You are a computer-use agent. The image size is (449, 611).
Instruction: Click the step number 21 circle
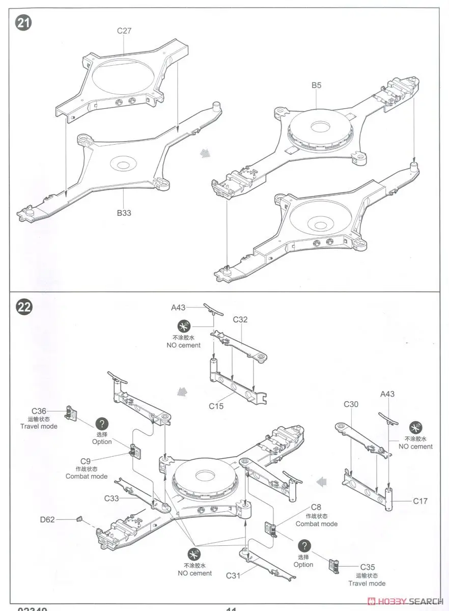point(22,23)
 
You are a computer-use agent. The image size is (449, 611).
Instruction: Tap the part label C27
point(124,31)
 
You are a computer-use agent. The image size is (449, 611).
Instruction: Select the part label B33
point(124,213)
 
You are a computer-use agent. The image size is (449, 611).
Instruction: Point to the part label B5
point(316,86)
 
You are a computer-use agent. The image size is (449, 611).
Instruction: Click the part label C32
point(240,320)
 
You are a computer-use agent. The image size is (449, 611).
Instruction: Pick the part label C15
point(216,406)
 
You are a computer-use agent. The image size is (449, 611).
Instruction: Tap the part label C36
point(39,411)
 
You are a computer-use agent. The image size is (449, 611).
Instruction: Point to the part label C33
point(113,498)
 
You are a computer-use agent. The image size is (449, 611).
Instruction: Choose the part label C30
point(351,404)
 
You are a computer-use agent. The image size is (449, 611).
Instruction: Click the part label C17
point(420,501)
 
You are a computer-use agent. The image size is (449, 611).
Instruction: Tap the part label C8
point(316,508)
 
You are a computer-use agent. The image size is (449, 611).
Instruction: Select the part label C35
point(368,567)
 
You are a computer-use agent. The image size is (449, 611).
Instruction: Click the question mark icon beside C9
point(102,424)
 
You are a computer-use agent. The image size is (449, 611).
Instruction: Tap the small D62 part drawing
point(78,519)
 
